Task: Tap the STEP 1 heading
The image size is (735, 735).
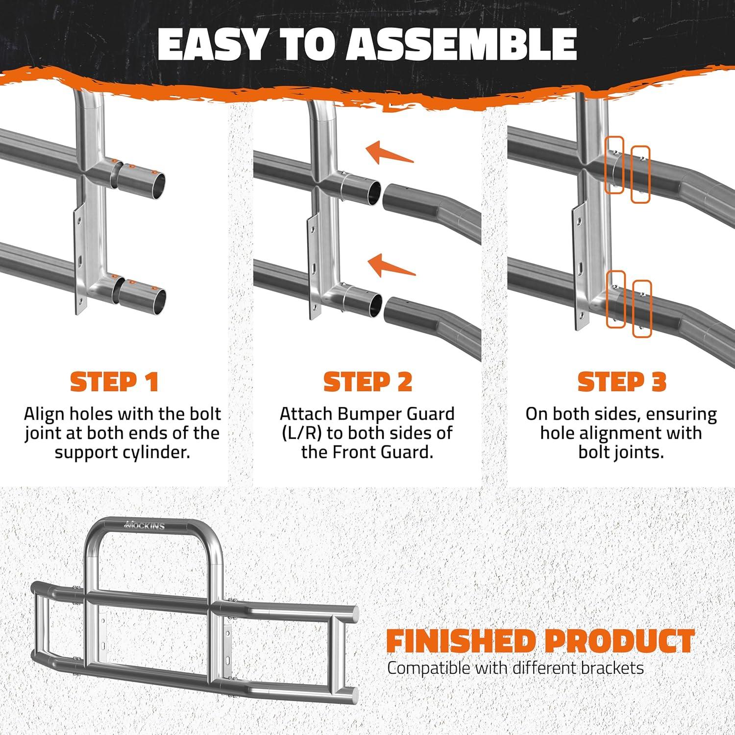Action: coord(115,382)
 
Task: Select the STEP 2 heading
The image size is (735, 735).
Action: coord(367,382)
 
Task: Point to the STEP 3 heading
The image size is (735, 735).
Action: coord(622,382)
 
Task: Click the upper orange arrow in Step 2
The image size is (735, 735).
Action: coord(390,152)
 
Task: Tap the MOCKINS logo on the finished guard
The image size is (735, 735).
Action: coord(146,525)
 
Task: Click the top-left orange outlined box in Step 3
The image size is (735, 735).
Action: coord(614,165)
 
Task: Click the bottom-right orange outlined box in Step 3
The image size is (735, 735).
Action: coord(642,309)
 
